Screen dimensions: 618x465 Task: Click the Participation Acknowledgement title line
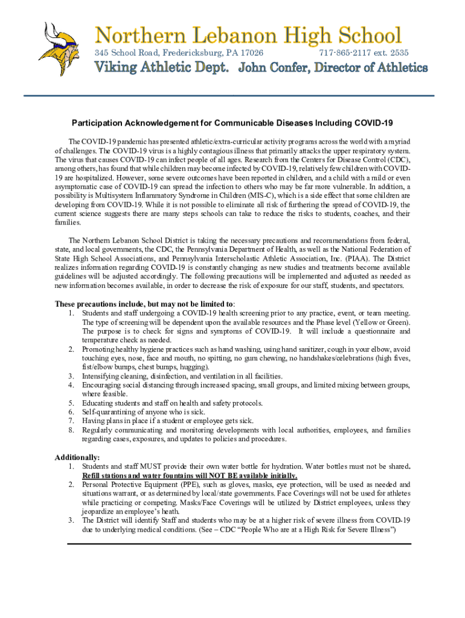pos(232,123)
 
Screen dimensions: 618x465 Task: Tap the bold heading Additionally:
pos(77,457)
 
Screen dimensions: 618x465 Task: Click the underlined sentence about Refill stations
pos(189,475)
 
